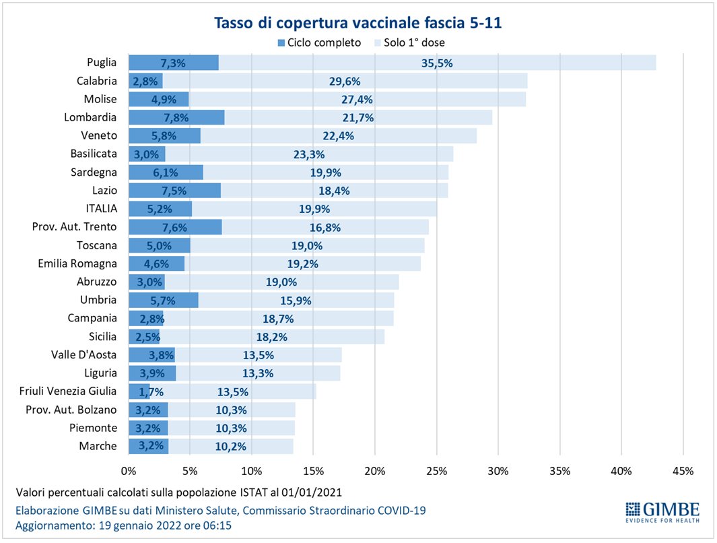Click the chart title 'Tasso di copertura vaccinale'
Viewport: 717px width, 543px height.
[357, 23]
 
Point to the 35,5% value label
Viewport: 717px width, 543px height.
[437, 63]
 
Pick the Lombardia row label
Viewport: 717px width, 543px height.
[90, 117]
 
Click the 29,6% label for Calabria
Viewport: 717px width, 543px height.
[345, 81]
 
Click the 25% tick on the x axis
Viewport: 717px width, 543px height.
[436, 470]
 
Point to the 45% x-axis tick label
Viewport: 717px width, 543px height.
[683, 470]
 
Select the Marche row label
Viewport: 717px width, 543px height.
[98, 446]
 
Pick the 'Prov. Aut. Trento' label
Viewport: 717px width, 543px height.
[74, 227]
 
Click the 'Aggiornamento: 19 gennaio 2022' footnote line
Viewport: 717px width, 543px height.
[124, 525]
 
